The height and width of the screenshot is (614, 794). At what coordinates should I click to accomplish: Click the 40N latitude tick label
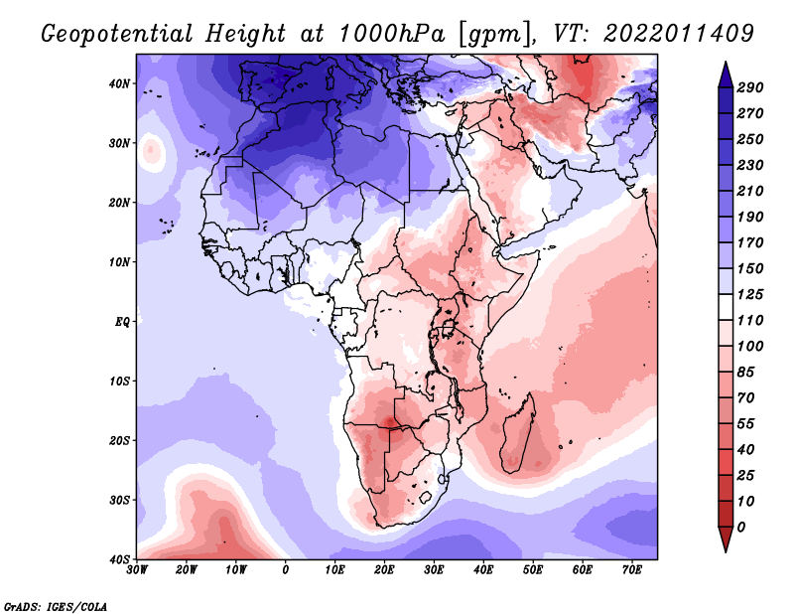pos(119,83)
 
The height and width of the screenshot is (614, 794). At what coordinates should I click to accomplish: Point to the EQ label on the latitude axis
pos(121,322)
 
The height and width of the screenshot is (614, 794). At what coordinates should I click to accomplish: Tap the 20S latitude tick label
pos(119,440)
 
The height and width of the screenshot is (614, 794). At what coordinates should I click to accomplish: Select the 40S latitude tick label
pos(119,558)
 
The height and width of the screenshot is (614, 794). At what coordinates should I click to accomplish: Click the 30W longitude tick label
pos(137,569)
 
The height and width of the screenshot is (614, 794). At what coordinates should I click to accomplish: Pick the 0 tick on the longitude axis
pos(286,569)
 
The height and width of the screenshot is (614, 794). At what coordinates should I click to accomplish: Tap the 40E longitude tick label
pos(483,569)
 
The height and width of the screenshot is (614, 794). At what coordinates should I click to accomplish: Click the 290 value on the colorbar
pos(749,88)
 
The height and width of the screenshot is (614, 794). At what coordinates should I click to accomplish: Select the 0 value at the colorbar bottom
pos(741,526)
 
